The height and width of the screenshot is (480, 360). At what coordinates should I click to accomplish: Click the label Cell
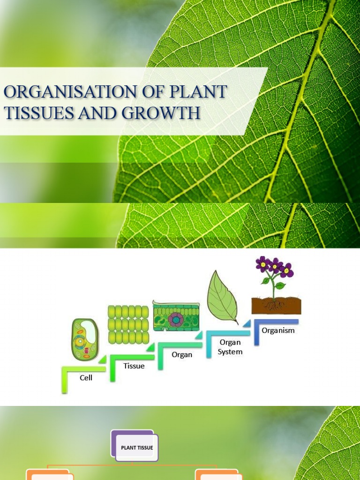click(x=86, y=377)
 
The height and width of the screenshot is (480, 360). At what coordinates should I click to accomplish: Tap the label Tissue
click(x=134, y=366)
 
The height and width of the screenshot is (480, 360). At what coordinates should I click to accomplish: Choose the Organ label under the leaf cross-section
click(x=182, y=354)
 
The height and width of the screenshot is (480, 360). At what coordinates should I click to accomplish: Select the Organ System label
click(x=230, y=347)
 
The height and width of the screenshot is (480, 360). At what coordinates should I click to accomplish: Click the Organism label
click(x=278, y=330)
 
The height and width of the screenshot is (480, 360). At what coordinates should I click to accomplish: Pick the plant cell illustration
click(x=85, y=339)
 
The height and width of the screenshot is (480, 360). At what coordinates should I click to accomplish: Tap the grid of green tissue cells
click(x=128, y=324)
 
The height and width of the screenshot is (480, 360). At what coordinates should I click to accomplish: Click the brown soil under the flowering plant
click(x=276, y=306)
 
